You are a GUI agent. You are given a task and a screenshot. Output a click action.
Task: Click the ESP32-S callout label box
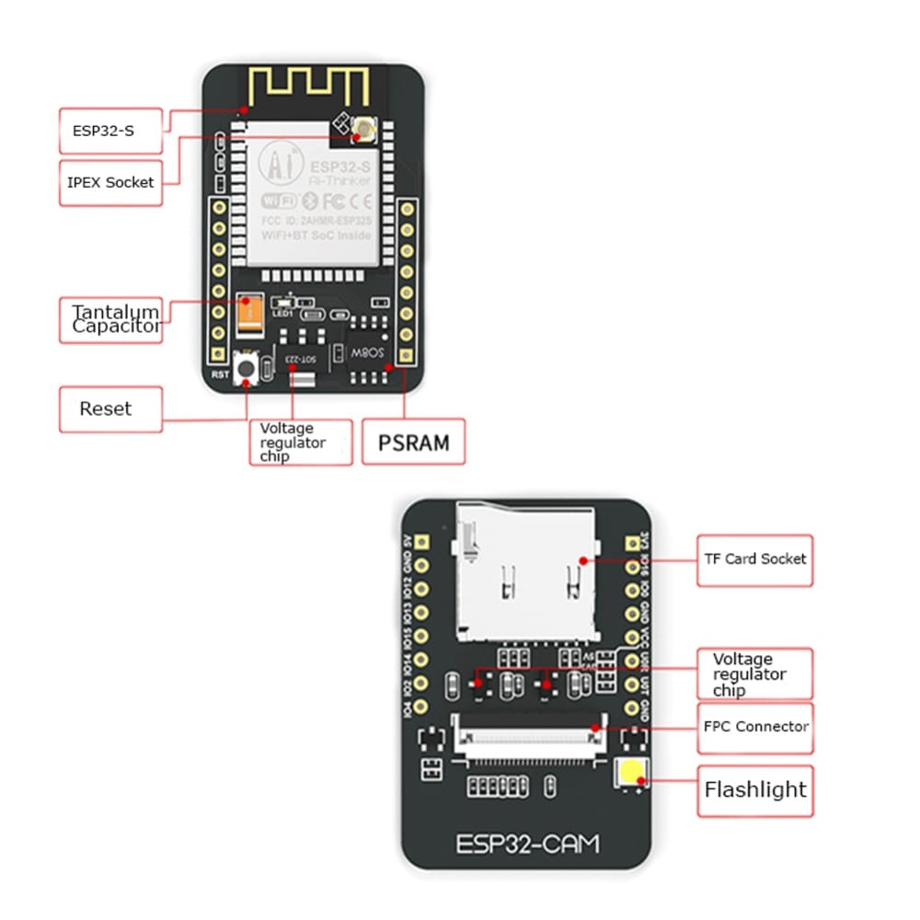[x=109, y=131]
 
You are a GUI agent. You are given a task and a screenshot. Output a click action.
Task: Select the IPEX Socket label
[x=110, y=182]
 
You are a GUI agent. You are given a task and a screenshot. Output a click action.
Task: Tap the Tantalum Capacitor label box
[x=110, y=319]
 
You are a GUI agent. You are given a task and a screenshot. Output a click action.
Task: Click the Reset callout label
[x=110, y=408]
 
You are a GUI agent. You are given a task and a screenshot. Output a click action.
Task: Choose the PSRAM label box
[x=414, y=443]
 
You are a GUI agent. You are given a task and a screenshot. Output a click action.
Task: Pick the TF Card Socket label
[x=754, y=559]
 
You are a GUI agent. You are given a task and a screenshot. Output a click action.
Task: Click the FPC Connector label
[x=754, y=726]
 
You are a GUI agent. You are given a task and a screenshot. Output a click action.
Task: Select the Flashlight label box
[x=754, y=789]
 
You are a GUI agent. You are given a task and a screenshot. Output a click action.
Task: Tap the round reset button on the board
[x=247, y=369]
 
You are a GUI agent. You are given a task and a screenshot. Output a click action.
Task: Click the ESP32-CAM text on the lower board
[x=526, y=842]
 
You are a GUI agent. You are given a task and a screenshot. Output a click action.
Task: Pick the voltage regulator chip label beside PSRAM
[x=300, y=442]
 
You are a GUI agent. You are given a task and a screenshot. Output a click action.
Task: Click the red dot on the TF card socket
[x=581, y=558]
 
